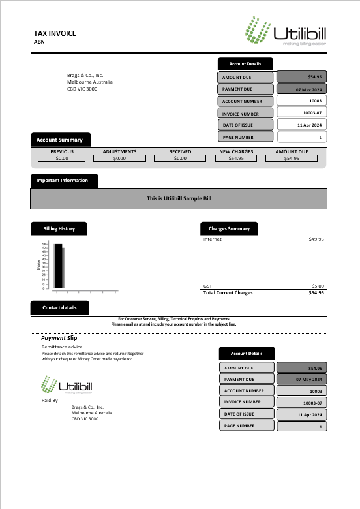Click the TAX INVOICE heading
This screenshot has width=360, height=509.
tap(55, 33)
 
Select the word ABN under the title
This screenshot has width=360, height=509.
tap(39, 42)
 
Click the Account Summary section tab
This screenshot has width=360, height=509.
tap(60, 140)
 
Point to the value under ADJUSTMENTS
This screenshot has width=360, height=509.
tap(119, 158)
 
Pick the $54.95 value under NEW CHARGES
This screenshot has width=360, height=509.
tap(236, 158)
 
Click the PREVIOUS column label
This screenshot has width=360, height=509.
tap(62, 151)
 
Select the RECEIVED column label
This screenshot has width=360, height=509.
tap(180, 151)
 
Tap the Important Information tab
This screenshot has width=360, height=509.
tap(63, 180)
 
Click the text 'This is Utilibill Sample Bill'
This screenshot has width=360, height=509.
tap(179, 198)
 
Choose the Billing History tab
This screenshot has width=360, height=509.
tap(59, 228)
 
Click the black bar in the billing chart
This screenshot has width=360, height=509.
tap(58, 266)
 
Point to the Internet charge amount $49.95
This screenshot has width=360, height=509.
tap(316, 239)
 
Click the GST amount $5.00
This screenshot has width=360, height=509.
tap(317, 286)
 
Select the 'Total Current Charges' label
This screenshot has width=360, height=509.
tap(228, 292)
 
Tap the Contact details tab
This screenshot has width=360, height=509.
tap(59, 307)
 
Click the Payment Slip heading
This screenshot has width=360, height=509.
tap(59, 338)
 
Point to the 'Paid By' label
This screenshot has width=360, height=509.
tap(50, 400)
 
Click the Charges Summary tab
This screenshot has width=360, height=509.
tap(229, 228)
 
